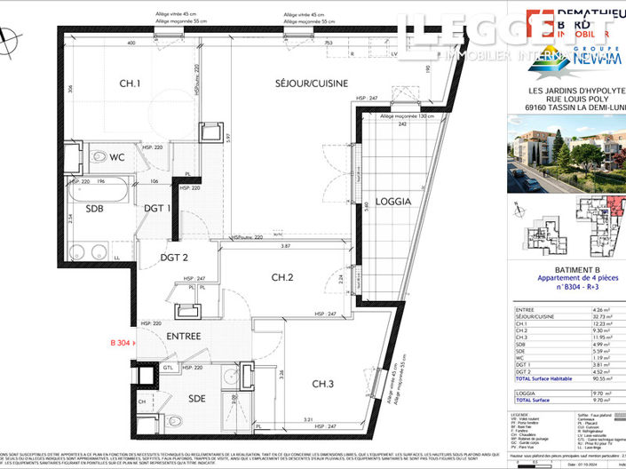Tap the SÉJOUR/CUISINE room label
click(289, 82)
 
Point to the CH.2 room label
click(282, 277)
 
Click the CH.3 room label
click(323, 384)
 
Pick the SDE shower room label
click(197, 397)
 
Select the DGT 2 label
click(173, 258)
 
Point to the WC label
click(117, 157)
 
